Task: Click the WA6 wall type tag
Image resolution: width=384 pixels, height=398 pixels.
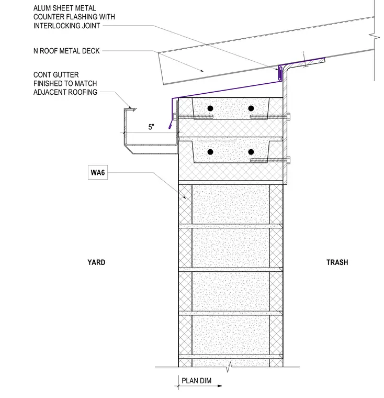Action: [98, 173]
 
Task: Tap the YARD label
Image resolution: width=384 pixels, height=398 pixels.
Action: [96, 262]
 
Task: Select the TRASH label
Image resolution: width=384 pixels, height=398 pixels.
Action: [337, 262]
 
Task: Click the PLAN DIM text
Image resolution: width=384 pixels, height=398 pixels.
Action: [197, 381]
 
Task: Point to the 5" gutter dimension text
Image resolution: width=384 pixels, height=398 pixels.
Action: [151, 127]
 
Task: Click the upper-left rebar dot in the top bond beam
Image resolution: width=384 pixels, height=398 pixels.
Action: [210, 108]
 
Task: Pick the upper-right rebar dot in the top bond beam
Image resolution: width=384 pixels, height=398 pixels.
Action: [251, 108]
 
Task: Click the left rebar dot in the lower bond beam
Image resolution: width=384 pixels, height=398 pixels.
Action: [210, 152]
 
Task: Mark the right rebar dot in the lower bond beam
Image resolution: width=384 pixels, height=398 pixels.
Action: [251, 152]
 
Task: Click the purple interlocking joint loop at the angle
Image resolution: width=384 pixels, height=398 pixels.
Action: [280, 73]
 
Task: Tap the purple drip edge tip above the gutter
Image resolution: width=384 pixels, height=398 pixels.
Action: [170, 127]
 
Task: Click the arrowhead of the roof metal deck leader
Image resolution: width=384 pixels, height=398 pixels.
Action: [202, 71]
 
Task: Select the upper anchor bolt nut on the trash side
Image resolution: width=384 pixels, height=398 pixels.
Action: [289, 117]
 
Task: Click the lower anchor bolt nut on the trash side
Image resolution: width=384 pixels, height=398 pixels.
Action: [289, 160]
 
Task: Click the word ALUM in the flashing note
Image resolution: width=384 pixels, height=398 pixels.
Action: [42, 8]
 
